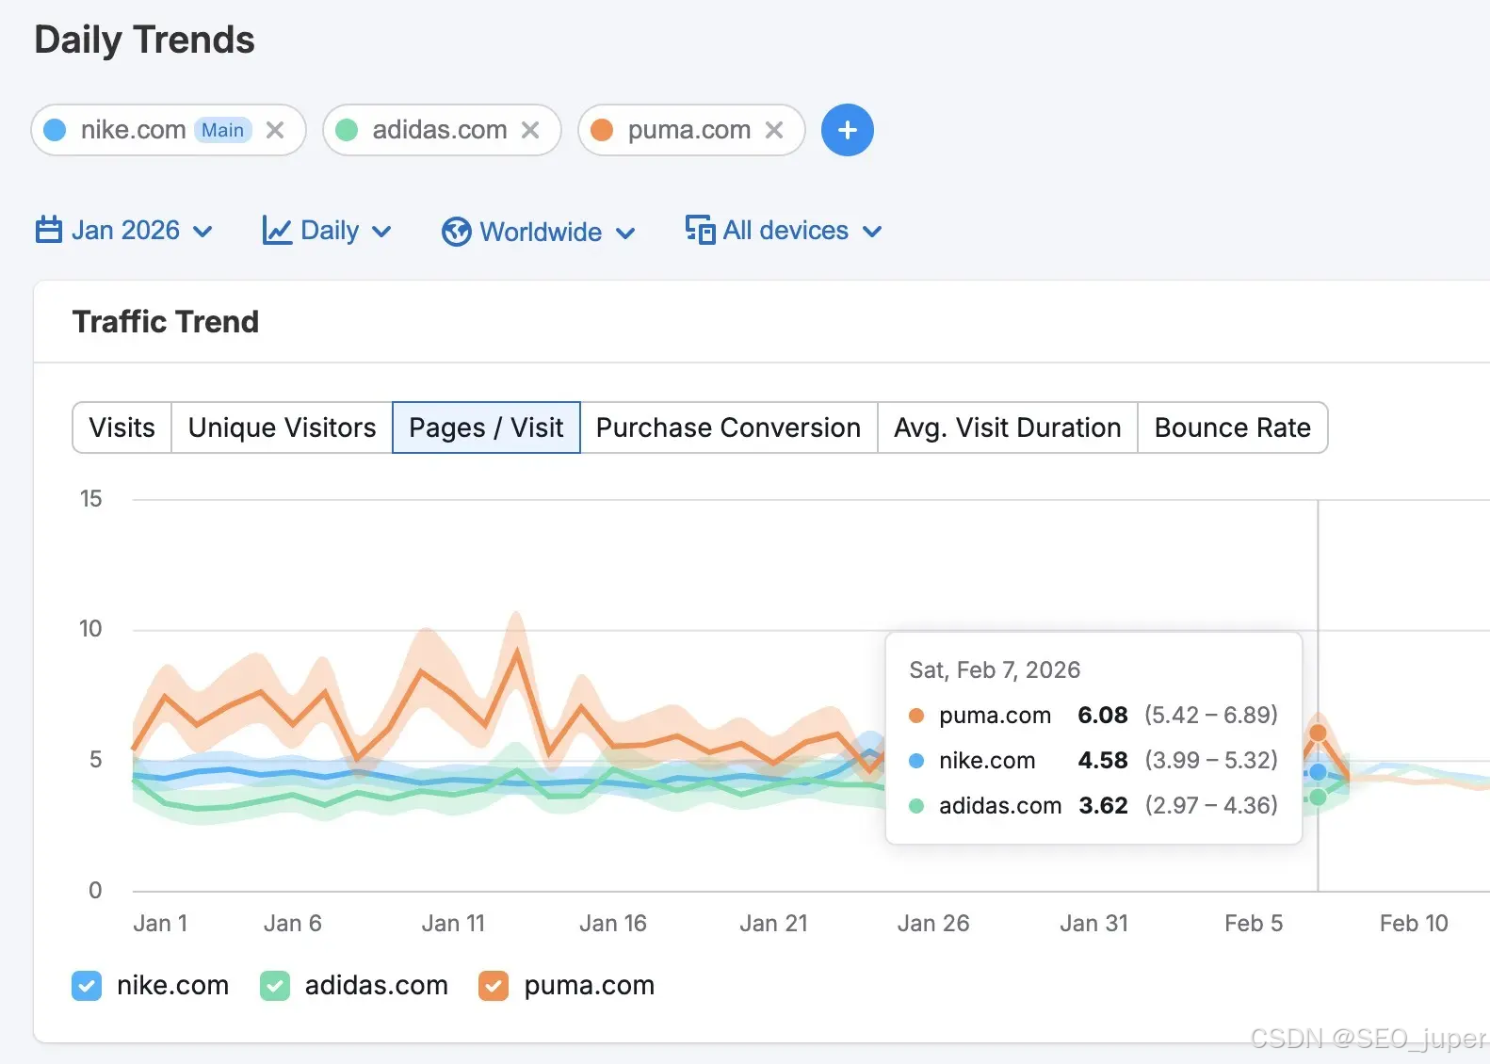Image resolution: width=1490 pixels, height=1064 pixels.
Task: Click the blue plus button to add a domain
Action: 847,130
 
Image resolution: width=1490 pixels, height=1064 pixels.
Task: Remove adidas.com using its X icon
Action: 530,130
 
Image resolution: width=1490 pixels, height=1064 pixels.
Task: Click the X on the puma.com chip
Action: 773,130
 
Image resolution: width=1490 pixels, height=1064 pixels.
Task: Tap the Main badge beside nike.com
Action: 223,130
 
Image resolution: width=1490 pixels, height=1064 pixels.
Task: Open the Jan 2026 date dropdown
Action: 123,231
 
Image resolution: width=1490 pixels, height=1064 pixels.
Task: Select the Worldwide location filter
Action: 539,232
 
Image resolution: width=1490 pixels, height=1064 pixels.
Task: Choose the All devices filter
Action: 785,231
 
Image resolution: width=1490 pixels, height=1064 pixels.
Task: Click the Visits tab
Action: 121,427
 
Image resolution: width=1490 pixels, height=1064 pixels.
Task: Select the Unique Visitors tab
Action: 282,427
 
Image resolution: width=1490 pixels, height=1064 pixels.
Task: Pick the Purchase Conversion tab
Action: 728,427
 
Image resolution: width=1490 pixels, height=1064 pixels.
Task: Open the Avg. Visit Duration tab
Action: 1007,427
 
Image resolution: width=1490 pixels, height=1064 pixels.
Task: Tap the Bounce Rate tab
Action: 1233,427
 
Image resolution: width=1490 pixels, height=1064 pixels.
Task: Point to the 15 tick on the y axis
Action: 91,499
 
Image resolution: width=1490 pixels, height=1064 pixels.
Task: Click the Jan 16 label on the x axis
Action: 612,923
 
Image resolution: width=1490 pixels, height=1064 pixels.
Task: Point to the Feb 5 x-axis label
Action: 1254,923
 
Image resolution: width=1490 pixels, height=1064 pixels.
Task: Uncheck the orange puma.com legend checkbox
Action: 494,986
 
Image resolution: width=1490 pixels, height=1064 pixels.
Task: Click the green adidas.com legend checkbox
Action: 275,986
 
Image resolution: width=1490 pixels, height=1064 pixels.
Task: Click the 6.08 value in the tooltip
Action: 1103,715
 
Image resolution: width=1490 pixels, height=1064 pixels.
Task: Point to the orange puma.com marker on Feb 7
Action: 1318,733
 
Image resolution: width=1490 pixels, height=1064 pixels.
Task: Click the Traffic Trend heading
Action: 166,322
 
